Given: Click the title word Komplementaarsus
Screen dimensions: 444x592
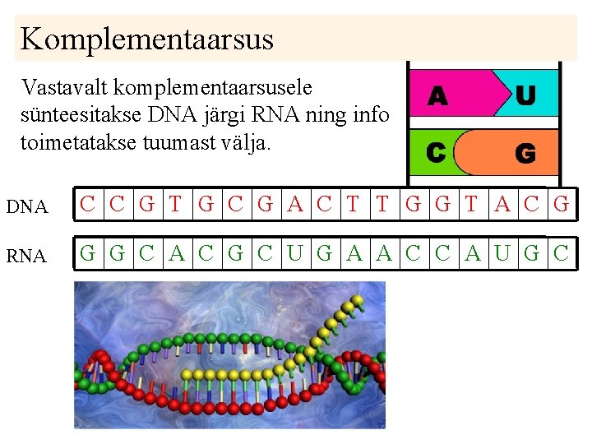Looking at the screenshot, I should pyautogui.click(x=146, y=39).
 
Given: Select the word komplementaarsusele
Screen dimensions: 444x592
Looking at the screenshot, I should pyautogui.click(x=216, y=87).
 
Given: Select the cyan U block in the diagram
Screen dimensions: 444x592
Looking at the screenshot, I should pyautogui.click(x=526, y=95).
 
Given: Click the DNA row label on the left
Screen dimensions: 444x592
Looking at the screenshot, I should pyautogui.click(x=27, y=207).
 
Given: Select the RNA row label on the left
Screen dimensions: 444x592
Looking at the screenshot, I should pyautogui.click(x=27, y=257).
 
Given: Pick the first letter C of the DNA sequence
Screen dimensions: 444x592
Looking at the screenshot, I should pyautogui.click(x=87, y=205).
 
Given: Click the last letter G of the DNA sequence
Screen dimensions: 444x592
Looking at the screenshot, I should pyautogui.click(x=562, y=205).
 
